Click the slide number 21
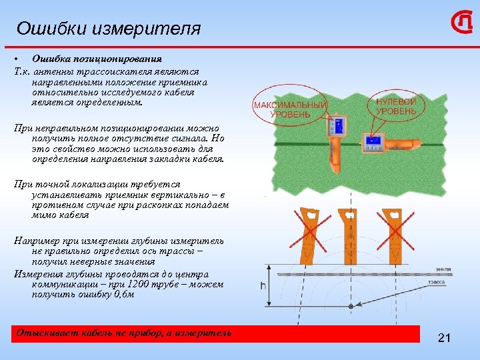[x=445, y=339]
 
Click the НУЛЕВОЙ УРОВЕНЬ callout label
[x=396, y=106]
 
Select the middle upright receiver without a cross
[x=348, y=233]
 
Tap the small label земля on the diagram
[x=443, y=269]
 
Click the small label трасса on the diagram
[x=439, y=282]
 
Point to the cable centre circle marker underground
[x=349, y=306]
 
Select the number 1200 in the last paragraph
[x=145, y=285]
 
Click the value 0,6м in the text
[x=123, y=295]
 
